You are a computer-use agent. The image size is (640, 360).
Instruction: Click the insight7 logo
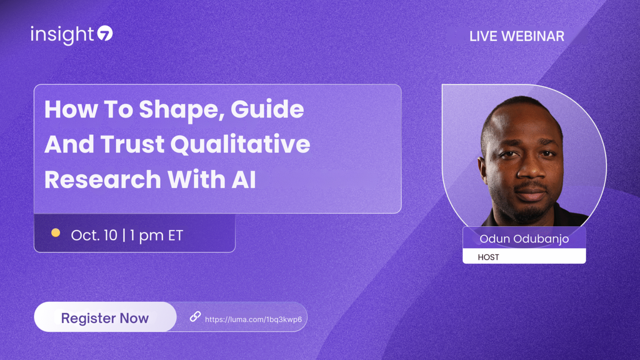pyautogui.click(x=71, y=35)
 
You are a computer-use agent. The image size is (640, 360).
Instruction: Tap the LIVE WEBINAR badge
pyautogui.click(x=517, y=36)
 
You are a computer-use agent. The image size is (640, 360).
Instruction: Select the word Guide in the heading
pyautogui.click(x=267, y=110)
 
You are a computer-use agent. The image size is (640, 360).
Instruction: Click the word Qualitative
pyautogui.click(x=240, y=145)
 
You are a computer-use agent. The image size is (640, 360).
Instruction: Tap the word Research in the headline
pyautogui.click(x=102, y=180)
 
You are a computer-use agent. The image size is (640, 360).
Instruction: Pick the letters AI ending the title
pyautogui.click(x=244, y=180)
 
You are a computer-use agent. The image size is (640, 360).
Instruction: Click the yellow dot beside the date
pyautogui.click(x=55, y=233)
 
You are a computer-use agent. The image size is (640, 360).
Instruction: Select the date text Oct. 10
pyautogui.click(x=94, y=235)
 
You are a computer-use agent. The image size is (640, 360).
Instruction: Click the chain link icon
pyautogui.click(x=195, y=317)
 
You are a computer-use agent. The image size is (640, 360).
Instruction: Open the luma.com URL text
pyautogui.click(x=253, y=320)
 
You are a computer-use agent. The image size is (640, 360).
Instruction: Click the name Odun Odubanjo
pyautogui.click(x=524, y=239)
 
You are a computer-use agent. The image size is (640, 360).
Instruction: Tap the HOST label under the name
pyautogui.click(x=488, y=257)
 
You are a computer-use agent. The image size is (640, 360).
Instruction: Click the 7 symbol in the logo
pyautogui.click(x=105, y=33)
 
